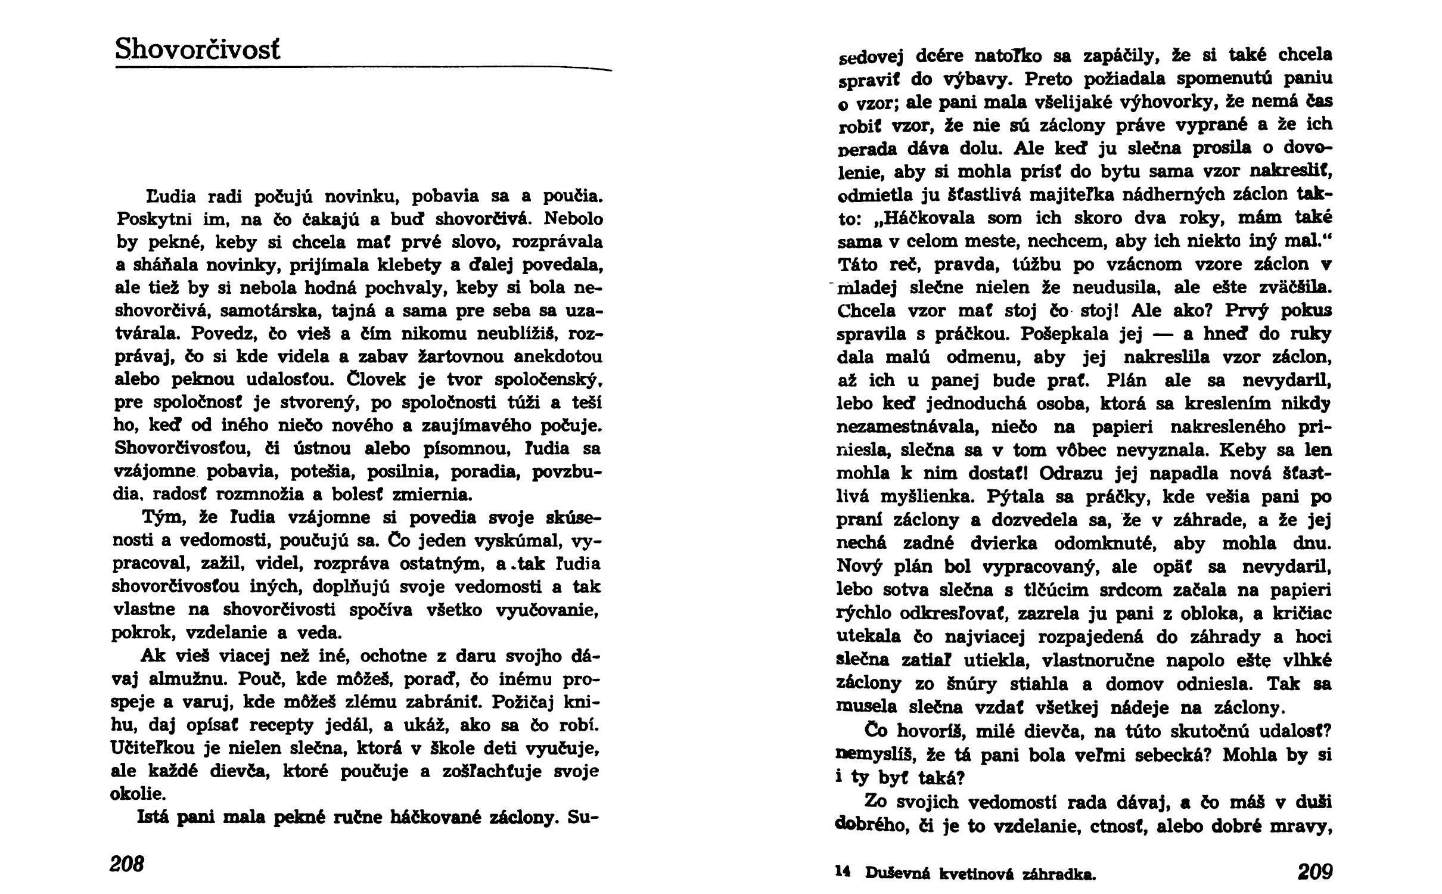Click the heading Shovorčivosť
pos(197,49)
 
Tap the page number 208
pos(127,864)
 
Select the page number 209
pos(1314,872)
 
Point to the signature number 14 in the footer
pos(842,872)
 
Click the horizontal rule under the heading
pos(363,69)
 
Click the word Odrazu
pos(1069,473)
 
